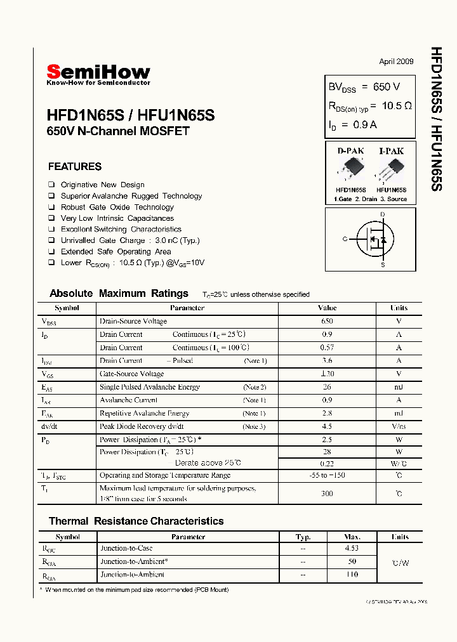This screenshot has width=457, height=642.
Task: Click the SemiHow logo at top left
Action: click(x=98, y=74)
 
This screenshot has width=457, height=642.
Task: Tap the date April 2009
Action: click(x=396, y=62)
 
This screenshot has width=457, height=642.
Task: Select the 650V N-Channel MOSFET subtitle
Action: click(x=118, y=132)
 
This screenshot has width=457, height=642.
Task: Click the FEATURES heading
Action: click(x=75, y=167)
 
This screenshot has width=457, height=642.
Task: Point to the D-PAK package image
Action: click(x=350, y=170)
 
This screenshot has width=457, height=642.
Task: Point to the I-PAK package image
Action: click(x=391, y=170)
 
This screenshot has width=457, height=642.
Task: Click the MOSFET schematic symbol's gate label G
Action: click(x=345, y=239)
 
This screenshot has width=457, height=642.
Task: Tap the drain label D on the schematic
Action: click(x=383, y=214)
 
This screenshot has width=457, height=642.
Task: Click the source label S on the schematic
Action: click(x=383, y=265)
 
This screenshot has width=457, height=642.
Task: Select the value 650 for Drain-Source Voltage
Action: click(x=327, y=322)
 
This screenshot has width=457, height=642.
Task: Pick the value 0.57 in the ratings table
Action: click(x=327, y=348)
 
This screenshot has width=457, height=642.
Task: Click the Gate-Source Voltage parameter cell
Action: click(x=131, y=374)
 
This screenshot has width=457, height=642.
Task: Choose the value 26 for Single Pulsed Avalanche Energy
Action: click(x=327, y=387)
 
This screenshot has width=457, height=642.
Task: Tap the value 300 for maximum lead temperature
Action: click(x=327, y=493)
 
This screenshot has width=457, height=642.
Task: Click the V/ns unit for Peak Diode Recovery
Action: click(x=399, y=426)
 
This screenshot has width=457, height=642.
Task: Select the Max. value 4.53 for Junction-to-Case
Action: click(x=352, y=548)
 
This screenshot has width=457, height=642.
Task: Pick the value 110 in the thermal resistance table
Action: click(x=352, y=575)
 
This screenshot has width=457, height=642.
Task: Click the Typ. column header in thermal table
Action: click(x=303, y=537)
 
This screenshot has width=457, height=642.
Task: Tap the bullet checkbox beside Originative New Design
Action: click(x=51, y=185)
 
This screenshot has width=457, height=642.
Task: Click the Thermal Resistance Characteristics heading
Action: click(x=136, y=521)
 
